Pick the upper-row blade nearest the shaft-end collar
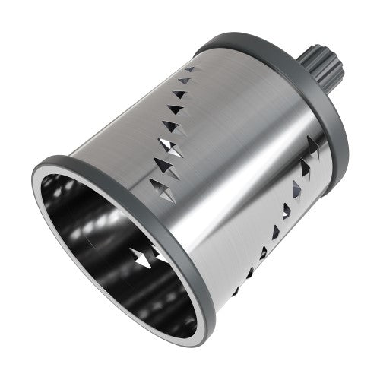coord(190,69)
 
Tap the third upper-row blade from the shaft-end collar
coord(180,94)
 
